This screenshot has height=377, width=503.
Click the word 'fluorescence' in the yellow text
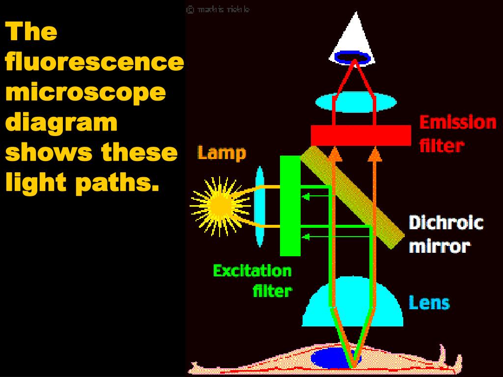pyautogui.click(x=94, y=62)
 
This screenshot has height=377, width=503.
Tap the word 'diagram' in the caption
pyautogui.click(x=61, y=122)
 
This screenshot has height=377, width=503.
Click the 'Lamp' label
pyautogui.click(x=222, y=153)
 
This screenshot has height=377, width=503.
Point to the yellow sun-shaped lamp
pyautogui.click(x=218, y=206)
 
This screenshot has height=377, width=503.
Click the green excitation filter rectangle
pyautogui.click(x=290, y=206)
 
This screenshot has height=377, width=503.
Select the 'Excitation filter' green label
pyautogui.click(x=252, y=280)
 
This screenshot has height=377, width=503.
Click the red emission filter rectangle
pyautogui.click(x=361, y=135)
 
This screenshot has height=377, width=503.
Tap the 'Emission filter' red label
pyautogui.click(x=457, y=134)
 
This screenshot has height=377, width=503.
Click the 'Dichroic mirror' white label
pyautogui.click(x=446, y=234)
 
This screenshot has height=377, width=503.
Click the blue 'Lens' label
pyautogui.click(x=429, y=302)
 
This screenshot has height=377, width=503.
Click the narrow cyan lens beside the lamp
pyautogui.click(x=259, y=206)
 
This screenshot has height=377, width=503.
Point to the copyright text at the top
pyautogui.click(x=218, y=9)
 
